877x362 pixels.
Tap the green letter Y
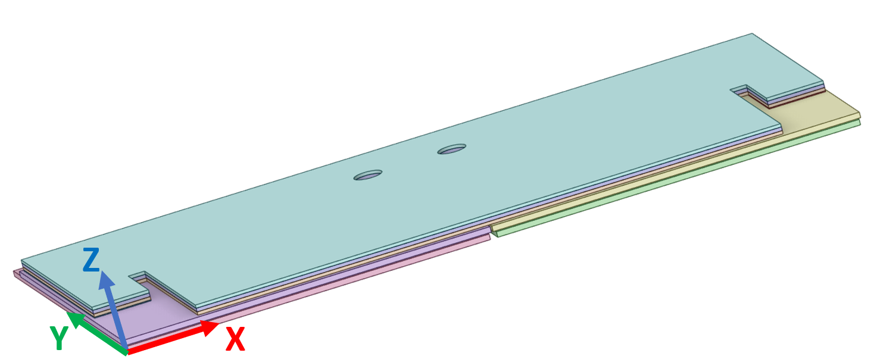click(59, 339)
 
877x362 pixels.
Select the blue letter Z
click(91, 260)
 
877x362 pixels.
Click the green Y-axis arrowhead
click(73, 319)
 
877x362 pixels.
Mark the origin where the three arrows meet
click(126, 351)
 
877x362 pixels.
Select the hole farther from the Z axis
click(452, 149)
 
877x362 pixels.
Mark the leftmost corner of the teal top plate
click(22, 262)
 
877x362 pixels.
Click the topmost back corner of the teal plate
click(753, 34)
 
